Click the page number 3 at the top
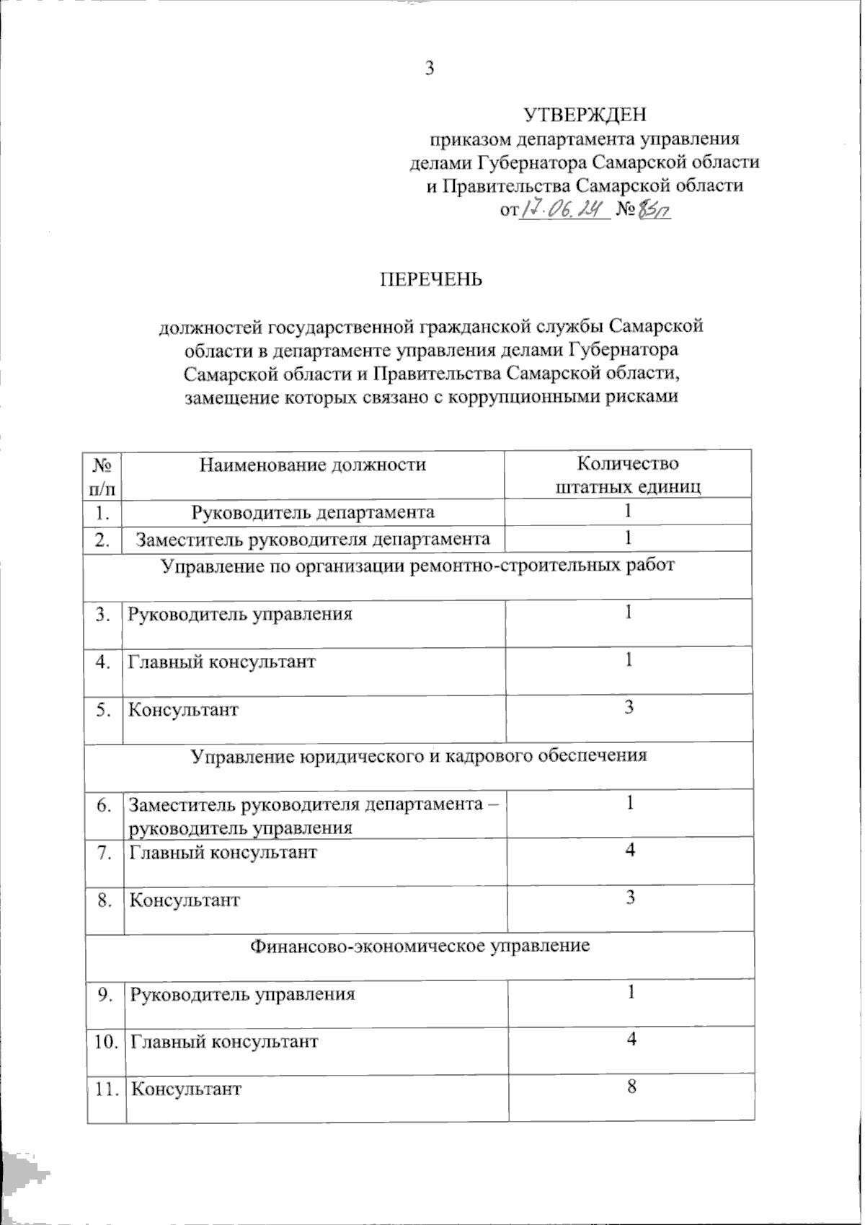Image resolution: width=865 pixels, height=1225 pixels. pyautogui.click(x=430, y=69)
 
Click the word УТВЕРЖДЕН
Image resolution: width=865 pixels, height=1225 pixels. pyautogui.click(x=584, y=114)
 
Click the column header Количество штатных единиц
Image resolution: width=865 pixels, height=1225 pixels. pyautogui.click(x=629, y=474)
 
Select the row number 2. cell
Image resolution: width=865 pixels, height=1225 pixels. pyautogui.click(x=103, y=539)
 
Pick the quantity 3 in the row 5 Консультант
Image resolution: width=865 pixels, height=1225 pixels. pyautogui.click(x=629, y=708)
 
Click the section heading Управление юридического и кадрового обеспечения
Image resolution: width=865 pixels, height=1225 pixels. pyautogui.click(x=419, y=755)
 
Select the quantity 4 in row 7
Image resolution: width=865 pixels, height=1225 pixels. pyautogui.click(x=630, y=851)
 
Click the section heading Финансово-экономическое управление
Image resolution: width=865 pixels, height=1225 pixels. pyautogui.click(x=420, y=945)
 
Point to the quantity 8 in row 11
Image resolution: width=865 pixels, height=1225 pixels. pyautogui.click(x=631, y=1087)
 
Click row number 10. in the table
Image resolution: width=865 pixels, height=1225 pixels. pyautogui.click(x=105, y=1042)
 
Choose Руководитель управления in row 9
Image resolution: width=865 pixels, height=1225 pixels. pyautogui.click(x=243, y=994)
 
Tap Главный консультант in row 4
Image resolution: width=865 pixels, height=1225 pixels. pyautogui.click(x=222, y=662)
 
